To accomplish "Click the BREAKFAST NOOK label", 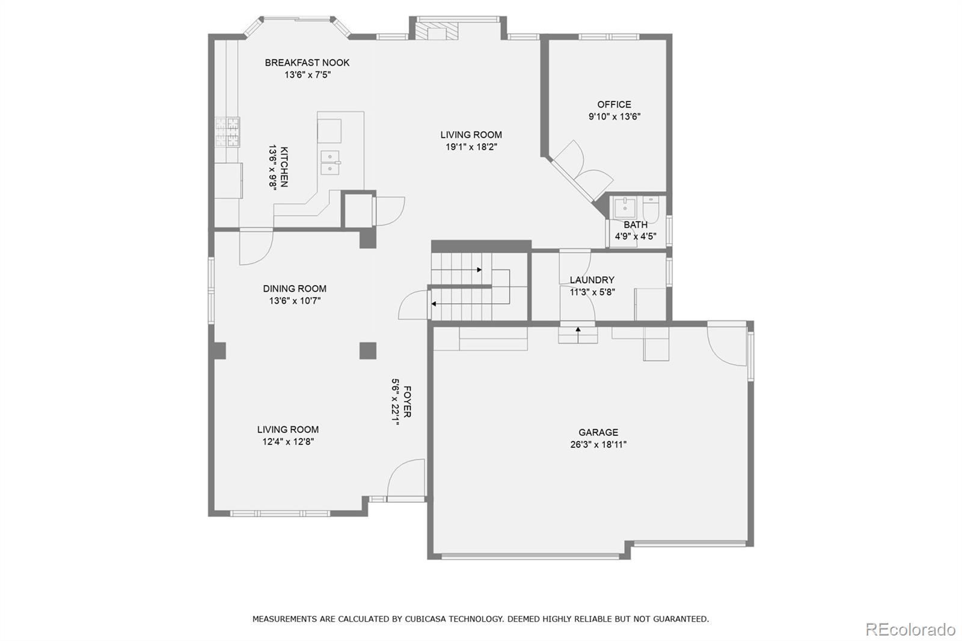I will tap(307, 63).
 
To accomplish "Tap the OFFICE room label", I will tap(614, 105).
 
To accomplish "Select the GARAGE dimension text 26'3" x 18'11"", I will tap(598, 445).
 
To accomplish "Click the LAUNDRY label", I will tap(592, 280).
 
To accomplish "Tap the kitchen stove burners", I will tap(227, 132).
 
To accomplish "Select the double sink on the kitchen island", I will tap(330, 162).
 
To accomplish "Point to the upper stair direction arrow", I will tap(479, 270).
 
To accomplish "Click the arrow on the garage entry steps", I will tap(578, 330).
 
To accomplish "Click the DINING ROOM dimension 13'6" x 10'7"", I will tap(295, 301).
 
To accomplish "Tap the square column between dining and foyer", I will tap(367, 351).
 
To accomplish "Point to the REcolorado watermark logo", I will tap(910, 630).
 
